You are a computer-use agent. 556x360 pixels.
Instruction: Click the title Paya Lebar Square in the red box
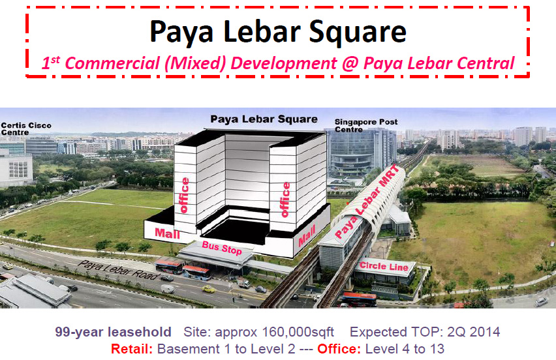point(277,31)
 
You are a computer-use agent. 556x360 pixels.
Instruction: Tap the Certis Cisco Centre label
point(26,128)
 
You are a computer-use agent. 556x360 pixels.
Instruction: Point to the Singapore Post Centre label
point(365,125)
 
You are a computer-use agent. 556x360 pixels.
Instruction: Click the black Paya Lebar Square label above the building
point(264,120)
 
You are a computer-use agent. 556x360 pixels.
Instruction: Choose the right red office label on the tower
point(285,199)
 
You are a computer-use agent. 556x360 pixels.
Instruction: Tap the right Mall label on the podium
point(306,236)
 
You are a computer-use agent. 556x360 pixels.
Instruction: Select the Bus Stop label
point(222,250)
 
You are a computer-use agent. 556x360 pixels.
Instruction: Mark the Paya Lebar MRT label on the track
point(365,208)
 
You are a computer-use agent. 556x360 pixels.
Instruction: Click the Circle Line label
point(384,267)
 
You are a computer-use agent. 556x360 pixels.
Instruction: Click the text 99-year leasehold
point(122,332)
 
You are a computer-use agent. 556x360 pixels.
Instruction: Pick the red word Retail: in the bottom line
point(132,349)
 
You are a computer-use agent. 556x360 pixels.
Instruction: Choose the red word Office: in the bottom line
point(339,349)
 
